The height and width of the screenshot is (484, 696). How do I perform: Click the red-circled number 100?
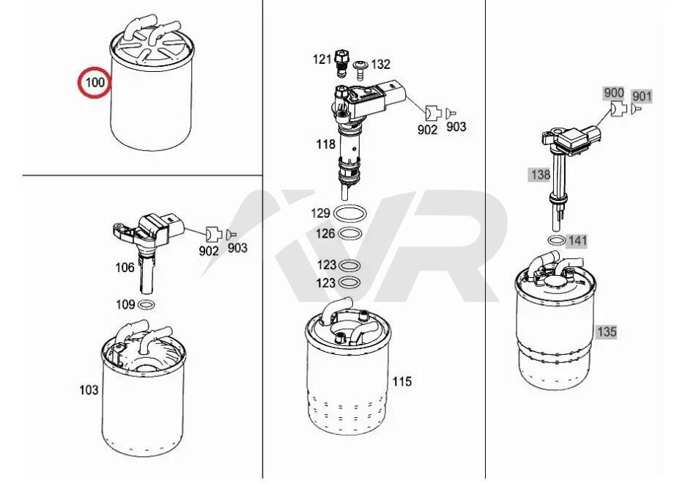[95, 82]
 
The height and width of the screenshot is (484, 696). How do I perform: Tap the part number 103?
[89, 390]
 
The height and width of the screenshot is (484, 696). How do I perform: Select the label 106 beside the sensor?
[125, 268]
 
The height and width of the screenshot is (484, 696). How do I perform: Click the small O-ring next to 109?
[147, 305]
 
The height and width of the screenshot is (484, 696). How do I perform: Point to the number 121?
[322, 59]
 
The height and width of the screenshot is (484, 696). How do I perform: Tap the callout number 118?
[326, 144]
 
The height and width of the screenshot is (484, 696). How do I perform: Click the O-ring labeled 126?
[350, 233]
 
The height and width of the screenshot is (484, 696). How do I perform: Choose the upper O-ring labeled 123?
[349, 265]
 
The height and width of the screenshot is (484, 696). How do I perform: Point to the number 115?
[401, 381]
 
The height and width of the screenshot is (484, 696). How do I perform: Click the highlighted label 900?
[614, 93]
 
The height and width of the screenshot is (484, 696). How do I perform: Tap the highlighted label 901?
[642, 96]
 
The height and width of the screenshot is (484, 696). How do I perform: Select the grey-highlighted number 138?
[540, 175]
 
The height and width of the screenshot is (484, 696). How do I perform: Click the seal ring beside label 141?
[557, 241]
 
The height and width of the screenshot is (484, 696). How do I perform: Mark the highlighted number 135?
[607, 331]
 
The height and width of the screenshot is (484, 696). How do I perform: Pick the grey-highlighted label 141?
[577, 241]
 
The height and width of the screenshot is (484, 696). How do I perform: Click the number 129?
[320, 213]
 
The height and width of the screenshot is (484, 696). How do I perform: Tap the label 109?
[125, 305]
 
